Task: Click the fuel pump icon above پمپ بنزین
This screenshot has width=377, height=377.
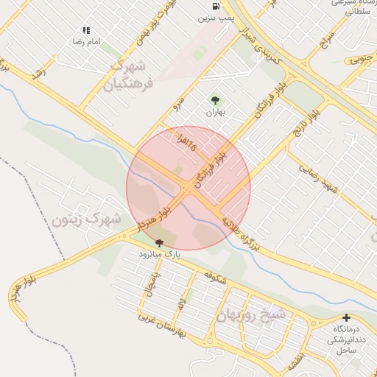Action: point(214,5)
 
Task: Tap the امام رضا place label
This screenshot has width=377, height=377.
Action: point(87,42)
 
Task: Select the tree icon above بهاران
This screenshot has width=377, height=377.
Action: point(214,100)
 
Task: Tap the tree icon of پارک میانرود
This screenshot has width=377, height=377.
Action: point(159,242)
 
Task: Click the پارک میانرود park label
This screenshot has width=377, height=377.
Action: point(160,254)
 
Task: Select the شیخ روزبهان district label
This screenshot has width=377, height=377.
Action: point(255,314)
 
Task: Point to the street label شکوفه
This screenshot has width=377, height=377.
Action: point(214,278)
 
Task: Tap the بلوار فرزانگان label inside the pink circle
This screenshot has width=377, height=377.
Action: point(211,170)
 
